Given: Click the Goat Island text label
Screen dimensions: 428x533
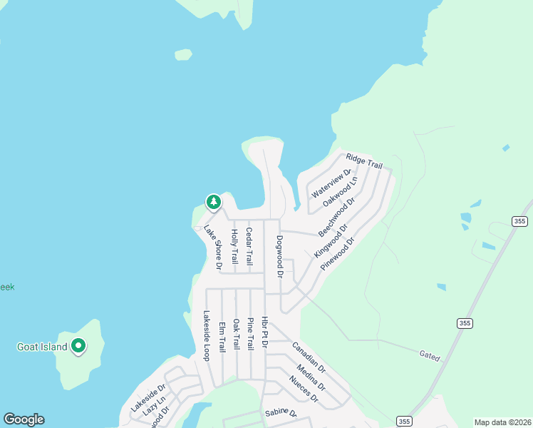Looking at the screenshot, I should pyautogui.click(x=42, y=347).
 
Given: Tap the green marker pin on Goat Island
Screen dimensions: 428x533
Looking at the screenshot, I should pyautogui.click(x=78, y=347).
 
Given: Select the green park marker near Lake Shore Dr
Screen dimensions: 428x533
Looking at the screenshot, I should pyautogui.click(x=213, y=203).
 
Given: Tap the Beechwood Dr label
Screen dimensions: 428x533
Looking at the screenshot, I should pyautogui.click(x=336, y=218).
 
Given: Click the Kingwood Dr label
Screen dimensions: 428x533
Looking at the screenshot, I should pyautogui.click(x=331, y=241).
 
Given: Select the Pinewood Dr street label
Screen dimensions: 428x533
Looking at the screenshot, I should pyautogui.click(x=338, y=253).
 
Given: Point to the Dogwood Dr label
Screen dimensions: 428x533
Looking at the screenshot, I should pyautogui.click(x=280, y=256).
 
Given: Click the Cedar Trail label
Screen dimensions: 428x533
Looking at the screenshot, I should pyautogui.click(x=249, y=246).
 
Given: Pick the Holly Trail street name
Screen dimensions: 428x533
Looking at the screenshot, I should pyautogui.click(x=234, y=247).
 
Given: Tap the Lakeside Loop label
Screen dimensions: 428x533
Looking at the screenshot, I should pyautogui.click(x=207, y=335).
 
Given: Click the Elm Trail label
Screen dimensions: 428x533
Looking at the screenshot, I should pyautogui.click(x=222, y=335).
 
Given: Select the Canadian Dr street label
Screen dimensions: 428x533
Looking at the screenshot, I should pyautogui.click(x=309, y=358).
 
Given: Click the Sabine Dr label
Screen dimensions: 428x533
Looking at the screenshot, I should pyautogui.click(x=280, y=413).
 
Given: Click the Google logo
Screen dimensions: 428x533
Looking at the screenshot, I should pyautogui.click(x=24, y=419).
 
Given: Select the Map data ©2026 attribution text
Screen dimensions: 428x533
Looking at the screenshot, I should pyautogui.click(x=502, y=422).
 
